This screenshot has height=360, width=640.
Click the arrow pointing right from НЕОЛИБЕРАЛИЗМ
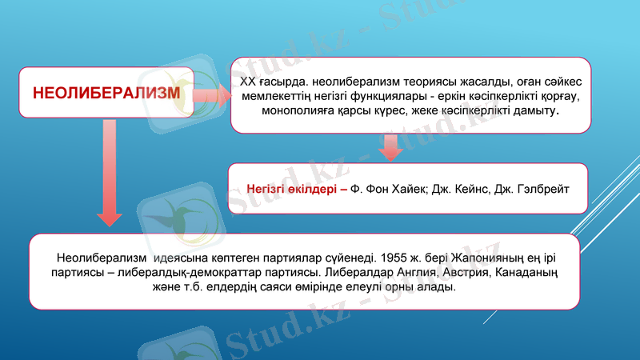210,96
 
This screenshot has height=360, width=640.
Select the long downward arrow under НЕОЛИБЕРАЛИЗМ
109,172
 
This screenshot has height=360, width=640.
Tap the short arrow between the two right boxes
390,146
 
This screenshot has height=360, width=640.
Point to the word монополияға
300,110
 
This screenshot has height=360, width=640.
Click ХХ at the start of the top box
249,82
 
